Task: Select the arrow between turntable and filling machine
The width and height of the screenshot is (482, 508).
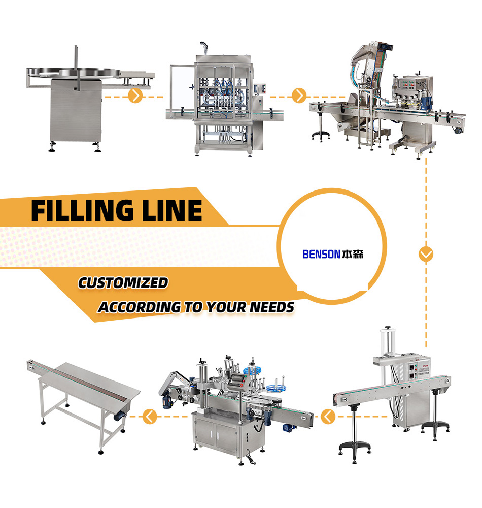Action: [x=134, y=95]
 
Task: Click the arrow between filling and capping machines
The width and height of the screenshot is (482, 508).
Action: [x=299, y=95]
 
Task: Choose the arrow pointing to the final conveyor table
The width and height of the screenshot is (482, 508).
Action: [x=149, y=418]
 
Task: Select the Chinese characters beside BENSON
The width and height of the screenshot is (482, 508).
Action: [x=354, y=253]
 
